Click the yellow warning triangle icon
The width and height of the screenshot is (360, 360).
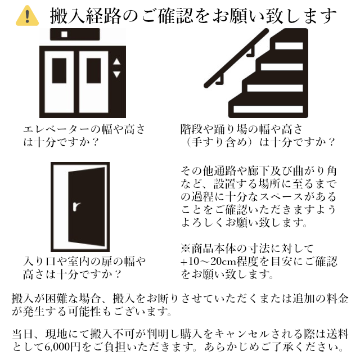[x=27, y=16]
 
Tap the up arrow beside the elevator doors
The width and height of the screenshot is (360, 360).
[x=116, y=61]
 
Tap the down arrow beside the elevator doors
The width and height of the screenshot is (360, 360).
[x=116, y=74]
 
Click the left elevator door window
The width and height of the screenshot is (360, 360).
[x=59, y=70]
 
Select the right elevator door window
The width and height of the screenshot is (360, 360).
[x=94, y=70]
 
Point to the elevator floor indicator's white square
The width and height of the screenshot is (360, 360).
[x=64, y=34]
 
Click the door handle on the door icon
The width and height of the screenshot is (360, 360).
[x=76, y=206]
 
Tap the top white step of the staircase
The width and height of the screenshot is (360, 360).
[x=289, y=46]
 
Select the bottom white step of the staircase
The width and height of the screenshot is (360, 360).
[x=268, y=109]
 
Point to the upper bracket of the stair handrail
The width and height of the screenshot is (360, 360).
[x=251, y=51]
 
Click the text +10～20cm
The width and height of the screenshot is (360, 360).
[x=209, y=261]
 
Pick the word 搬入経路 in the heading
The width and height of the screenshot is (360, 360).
[x=86, y=16]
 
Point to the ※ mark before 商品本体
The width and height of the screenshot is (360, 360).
[x=186, y=249]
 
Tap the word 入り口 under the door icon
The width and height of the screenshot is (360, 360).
[x=40, y=262]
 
